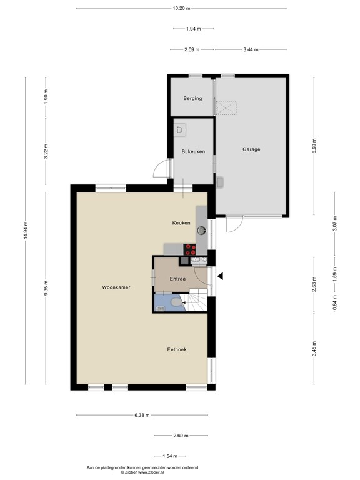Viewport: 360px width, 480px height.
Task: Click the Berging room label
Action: click(x=192, y=98)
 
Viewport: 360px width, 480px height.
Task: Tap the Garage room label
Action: click(x=251, y=149)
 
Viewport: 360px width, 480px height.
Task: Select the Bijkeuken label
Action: click(x=193, y=151)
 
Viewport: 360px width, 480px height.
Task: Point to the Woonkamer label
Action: click(x=116, y=287)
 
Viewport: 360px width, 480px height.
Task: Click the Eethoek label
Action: click(x=177, y=349)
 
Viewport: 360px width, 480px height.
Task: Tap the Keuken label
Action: click(x=181, y=223)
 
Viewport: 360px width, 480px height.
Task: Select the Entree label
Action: click(x=177, y=279)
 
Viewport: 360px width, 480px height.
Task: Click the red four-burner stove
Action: click(x=190, y=249)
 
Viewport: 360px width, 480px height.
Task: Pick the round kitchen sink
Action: click(x=201, y=230)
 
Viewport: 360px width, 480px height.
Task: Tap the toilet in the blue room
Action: click(x=177, y=302)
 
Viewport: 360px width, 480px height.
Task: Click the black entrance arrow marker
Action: click(x=220, y=276)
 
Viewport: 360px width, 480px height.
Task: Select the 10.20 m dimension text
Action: click(x=181, y=8)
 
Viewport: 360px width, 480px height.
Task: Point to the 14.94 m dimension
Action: click(x=26, y=230)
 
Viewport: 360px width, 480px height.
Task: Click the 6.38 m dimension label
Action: click(x=142, y=416)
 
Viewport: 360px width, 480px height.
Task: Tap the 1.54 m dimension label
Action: click(x=170, y=456)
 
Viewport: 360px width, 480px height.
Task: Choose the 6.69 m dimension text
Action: click(x=314, y=146)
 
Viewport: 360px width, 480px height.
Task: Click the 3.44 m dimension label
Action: click(x=251, y=49)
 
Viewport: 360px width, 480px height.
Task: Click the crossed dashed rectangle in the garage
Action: click(x=226, y=107)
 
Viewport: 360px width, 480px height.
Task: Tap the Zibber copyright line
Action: click(x=142, y=472)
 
